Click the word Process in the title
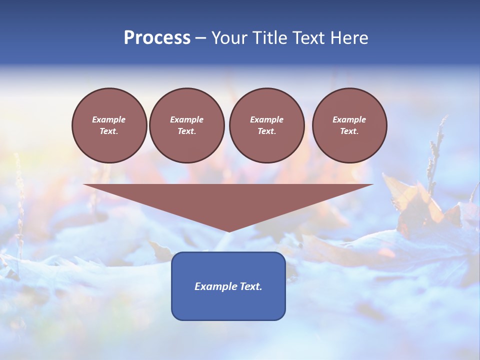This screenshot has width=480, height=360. tap(157, 37)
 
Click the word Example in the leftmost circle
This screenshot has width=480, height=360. tap(109, 119)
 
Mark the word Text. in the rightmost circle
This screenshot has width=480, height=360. tap(349, 131)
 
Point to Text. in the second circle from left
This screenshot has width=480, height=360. tap(186, 131)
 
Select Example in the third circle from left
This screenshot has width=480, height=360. tap(266, 119)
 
